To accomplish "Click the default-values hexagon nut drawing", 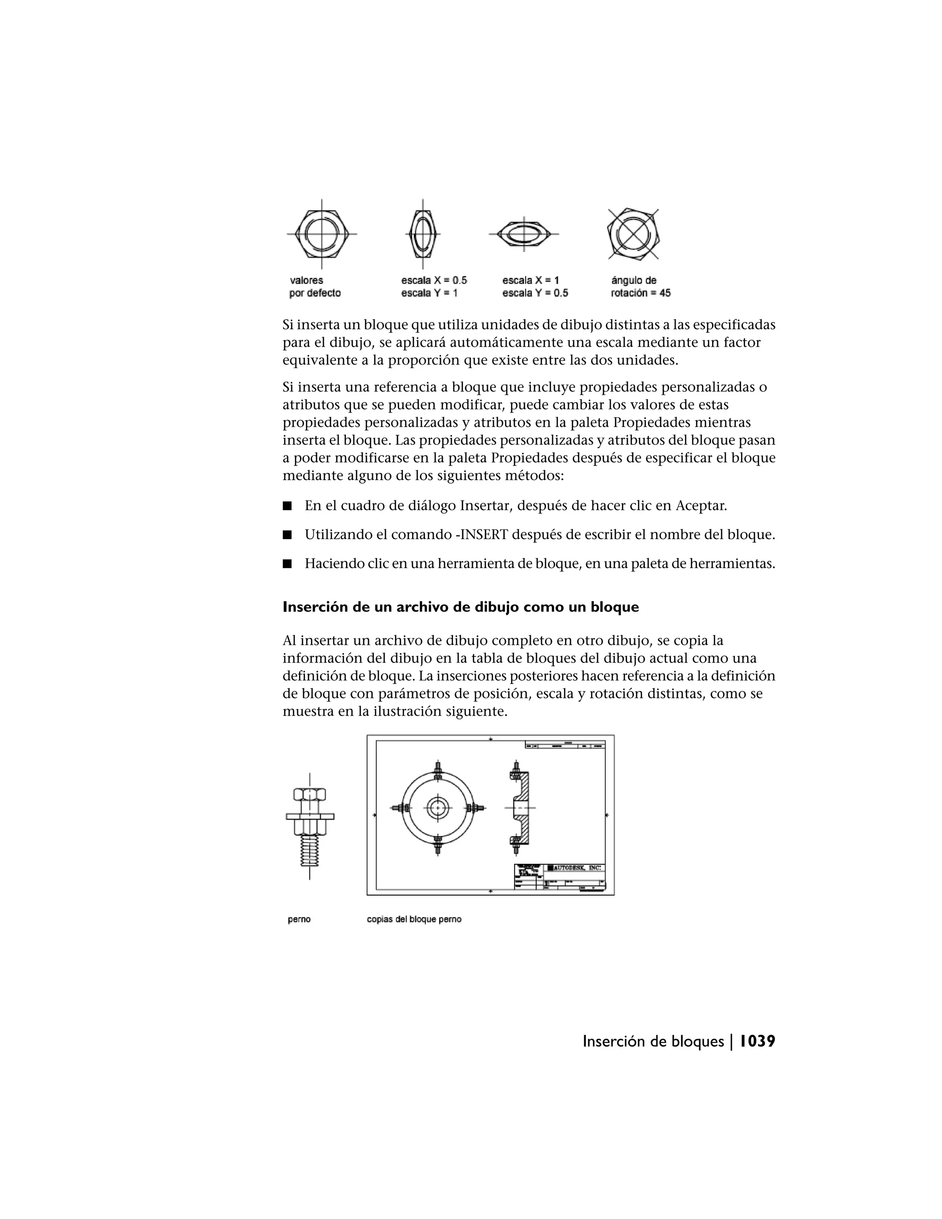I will coord(322,234).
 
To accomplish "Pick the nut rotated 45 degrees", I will coord(633,234).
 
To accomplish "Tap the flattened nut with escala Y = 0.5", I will coord(523,234).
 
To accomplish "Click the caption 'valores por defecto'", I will coord(315,286).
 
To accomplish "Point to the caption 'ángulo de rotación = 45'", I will coord(640,286).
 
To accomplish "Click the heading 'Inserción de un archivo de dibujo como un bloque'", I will coord(460,607).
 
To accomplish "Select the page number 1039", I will coord(757,1041).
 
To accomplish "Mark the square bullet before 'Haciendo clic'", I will coord(287,564).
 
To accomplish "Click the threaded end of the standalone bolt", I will coord(310,850).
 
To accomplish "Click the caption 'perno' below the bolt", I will coord(299,919).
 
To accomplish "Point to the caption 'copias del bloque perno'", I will coord(414,919).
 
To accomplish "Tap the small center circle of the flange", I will coord(437,808).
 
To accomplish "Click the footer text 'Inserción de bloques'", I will coord(653,1041).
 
